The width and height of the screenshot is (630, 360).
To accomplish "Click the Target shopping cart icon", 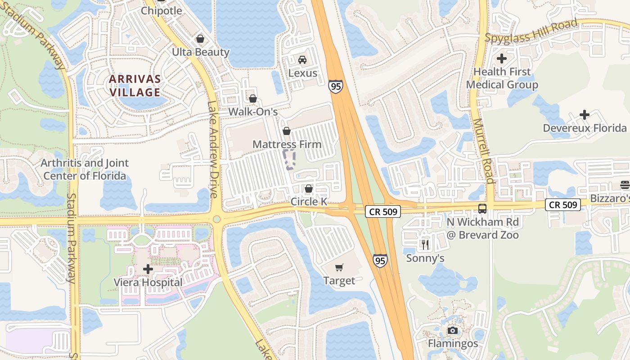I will pos(339,267).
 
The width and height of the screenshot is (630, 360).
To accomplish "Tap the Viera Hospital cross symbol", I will pos(148,269).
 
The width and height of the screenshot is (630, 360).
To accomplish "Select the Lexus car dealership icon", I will pos(302,60).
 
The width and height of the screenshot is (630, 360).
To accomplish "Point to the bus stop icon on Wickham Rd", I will pos(482,209).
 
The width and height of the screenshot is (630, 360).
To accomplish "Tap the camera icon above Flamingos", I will pos(453,331).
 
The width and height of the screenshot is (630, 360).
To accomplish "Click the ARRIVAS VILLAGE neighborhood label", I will pos(135,85).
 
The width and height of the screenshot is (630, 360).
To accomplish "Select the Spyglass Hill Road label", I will pos(531,31).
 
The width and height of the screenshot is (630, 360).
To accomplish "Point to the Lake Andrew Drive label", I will pos(212,148).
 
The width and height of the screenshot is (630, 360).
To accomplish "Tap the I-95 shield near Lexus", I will pos(335,86).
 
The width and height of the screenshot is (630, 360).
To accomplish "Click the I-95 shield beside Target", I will pos(380,261).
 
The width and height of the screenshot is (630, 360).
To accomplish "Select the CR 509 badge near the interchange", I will pos(382,211).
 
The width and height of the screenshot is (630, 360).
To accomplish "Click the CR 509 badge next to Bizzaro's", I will pos(563,205).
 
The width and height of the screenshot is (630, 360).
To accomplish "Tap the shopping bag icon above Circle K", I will pos(308,189).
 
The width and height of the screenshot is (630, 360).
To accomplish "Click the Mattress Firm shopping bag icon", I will pos(286,131).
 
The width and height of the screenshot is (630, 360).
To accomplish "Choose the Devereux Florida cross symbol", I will pos(584,115).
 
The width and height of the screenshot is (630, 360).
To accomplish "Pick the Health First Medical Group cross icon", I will pos(502,58).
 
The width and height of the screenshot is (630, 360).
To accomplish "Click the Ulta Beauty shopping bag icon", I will pos(200,39).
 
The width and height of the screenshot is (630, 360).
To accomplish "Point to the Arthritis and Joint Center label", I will pos(85,169).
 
